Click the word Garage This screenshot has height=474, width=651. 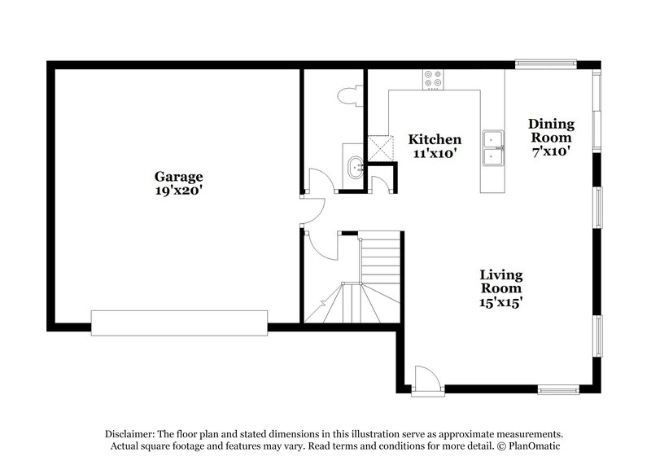(x=179, y=176)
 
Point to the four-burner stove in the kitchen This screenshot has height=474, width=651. (x=433, y=79)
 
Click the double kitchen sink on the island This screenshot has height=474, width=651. (x=492, y=149)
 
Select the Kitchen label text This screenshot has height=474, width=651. (x=435, y=139)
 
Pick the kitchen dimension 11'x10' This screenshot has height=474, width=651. (x=435, y=153)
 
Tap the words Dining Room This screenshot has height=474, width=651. (x=551, y=130)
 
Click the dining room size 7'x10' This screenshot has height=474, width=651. (x=551, y=150)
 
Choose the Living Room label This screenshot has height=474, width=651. (x=500, y=282)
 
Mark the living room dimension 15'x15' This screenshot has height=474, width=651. (x=500, y=302)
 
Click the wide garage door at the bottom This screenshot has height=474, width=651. (x=180, y=323)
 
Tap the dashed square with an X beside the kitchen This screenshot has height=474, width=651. (x=378, y=146)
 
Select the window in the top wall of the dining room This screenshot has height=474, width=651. (x=546, y=63)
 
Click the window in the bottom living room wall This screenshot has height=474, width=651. (x=558, y=388)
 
